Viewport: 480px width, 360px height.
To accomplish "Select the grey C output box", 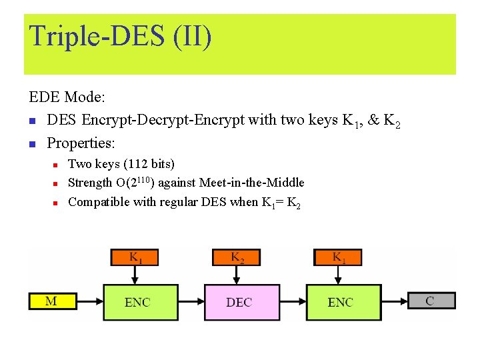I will coord(431,301).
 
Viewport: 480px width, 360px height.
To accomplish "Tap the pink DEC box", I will coord(239,302).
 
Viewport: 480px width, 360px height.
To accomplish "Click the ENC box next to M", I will coord(137,302).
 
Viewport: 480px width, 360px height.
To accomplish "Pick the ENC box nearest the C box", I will coord(340,302).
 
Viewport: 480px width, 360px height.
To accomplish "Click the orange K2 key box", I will coord(237,257).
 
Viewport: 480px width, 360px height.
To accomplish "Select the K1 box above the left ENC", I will coord(135,257).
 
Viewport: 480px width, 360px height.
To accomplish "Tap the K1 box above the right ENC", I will coord(338,257).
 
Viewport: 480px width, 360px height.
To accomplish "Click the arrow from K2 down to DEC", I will coord(237,275).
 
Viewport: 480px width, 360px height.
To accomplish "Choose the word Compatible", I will coord(99,202).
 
